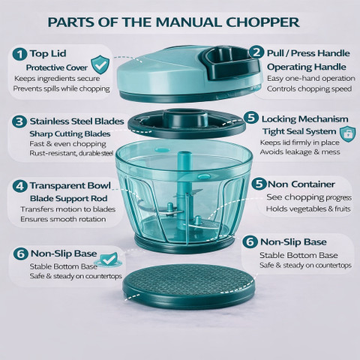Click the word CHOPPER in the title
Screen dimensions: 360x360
click(262, 22)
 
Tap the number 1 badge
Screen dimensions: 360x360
click(19, 54)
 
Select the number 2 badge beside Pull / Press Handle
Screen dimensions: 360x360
click(256, 52)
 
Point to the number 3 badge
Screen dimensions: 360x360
click(19, 121)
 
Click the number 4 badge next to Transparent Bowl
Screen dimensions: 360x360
click(19, 186)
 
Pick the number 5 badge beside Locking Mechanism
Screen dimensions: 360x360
click(251, 117)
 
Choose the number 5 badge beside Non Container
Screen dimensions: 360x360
click(259, 184)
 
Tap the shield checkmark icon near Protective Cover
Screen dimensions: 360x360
click(100, 64)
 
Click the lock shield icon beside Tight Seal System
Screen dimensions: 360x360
click(348, 133)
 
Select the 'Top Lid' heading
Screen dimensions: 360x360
click(48, 53)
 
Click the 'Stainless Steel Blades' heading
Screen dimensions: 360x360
click(76, 121)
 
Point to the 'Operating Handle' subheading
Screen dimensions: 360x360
click(307, 67)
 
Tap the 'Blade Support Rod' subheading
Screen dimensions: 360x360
click(69, 198)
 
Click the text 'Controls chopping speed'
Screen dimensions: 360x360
click(309, 88)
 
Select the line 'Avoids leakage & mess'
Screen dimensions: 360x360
click(300, 152)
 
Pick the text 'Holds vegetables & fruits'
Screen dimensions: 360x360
click(308, 208)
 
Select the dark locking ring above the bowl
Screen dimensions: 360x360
click(187, 124)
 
